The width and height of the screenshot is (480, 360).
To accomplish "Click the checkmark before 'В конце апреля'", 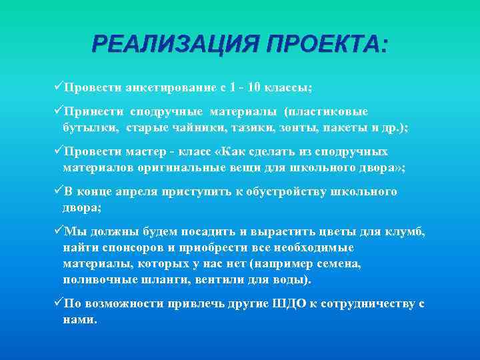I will coord(57,191).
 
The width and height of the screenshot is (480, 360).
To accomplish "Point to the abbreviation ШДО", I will coord(289,304).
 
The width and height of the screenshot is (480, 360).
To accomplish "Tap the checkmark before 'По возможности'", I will coord(57,303).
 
